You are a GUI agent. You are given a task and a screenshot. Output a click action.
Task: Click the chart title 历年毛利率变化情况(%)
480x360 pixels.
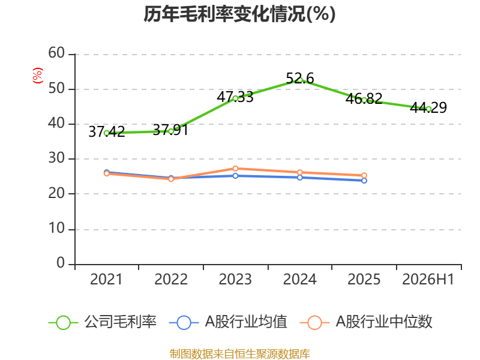click(239, 14)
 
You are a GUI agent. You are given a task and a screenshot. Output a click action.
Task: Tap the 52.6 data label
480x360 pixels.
click(299, 79)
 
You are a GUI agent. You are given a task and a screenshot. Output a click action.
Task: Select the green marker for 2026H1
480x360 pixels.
click(428, 109)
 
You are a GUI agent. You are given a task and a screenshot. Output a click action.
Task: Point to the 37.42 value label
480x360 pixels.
click(107, 132)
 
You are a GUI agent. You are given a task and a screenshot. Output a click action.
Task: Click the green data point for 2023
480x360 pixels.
click(235, 98)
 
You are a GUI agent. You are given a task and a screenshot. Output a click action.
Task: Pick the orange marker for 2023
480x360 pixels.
click(235, 169)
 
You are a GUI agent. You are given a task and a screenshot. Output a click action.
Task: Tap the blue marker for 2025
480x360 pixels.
click(364, 181)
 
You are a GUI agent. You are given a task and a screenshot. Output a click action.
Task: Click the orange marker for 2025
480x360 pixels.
click(364, 175)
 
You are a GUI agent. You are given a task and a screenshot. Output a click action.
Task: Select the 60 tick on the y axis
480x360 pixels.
click(56, 53)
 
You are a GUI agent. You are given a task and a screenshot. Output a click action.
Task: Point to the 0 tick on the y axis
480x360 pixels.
click(61, 263)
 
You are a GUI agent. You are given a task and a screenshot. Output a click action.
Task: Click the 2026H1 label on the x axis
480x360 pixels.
click(428, 280)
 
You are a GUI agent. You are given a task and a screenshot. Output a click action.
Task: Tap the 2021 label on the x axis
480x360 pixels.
click(106, 280)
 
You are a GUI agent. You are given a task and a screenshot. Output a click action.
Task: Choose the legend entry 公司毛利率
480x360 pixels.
click(103, 322)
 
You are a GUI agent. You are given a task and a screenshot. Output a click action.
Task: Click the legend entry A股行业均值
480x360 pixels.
click(228, 322)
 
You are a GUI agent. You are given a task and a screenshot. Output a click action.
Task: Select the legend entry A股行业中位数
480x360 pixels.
click(366, 322)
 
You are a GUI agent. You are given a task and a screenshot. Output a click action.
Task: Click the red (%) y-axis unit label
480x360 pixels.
click(38, 76)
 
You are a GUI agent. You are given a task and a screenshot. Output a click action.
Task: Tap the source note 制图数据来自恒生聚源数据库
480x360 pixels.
click(240, 354)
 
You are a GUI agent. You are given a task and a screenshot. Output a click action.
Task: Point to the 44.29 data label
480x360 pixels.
click(428, 107)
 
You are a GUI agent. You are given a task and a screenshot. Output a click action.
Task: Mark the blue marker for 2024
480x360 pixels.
click(299, 178)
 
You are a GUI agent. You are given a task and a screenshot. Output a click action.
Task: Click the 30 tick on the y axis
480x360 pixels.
click(56, 158)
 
